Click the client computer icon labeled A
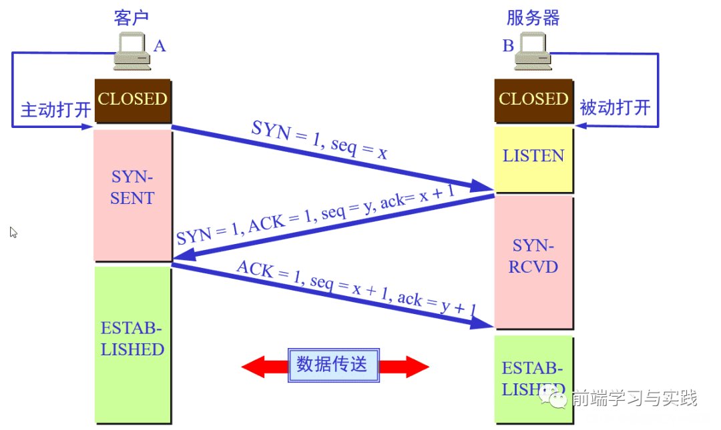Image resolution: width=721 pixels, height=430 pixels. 132,51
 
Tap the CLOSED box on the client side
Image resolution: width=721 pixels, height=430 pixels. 132,100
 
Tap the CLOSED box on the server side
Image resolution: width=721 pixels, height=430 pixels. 533,100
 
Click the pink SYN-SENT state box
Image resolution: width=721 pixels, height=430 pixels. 132,195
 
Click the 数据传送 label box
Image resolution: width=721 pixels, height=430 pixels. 332,365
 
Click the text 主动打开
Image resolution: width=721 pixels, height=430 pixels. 55,110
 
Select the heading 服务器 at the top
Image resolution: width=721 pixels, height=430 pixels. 533,17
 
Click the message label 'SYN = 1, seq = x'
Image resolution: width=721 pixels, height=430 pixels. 319,140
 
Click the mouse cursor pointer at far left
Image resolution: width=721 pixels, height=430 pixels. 13,232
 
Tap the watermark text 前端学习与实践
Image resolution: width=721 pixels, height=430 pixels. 634,399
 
